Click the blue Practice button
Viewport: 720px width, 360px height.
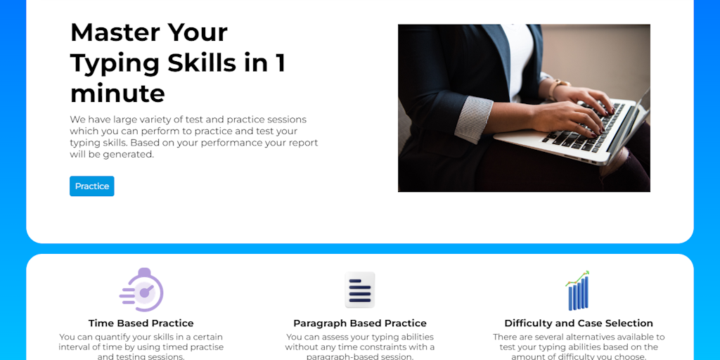[91, 186]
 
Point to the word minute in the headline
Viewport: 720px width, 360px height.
[117, 94]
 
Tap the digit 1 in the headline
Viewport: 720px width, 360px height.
[280, 63]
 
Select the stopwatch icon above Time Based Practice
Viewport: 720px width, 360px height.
[143, 290]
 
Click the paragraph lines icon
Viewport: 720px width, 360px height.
[359, 290]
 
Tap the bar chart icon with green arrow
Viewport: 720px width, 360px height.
[578, 290]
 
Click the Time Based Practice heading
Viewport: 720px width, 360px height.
[141, 323]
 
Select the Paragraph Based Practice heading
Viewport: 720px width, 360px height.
[359, 323]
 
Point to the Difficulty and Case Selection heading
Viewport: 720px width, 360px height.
[578, 323]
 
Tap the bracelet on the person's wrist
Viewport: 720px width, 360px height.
[558, 89]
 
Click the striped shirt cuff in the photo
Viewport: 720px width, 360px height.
[472, 117]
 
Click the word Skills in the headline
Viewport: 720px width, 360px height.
[200, 63]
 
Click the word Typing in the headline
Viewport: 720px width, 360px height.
[115, 63]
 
